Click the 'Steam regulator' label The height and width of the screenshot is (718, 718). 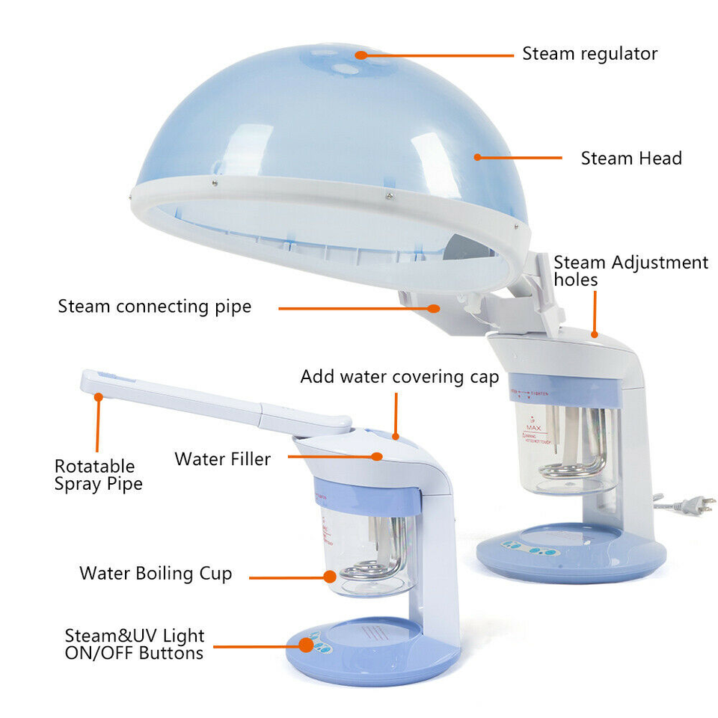(589, 54)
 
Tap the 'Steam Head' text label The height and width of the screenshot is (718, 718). (631, 159)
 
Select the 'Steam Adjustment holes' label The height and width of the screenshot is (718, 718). (630, 271)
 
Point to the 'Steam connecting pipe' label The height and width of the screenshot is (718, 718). (155, 307)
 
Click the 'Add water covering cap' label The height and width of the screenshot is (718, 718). (399, 377)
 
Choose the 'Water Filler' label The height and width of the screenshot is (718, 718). (222, 458)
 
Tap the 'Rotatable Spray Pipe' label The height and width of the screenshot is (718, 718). (98, 475)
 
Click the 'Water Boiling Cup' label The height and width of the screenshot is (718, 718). (156, 574)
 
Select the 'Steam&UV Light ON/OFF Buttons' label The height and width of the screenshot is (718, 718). (134, 644)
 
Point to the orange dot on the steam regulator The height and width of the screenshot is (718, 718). (362, 54)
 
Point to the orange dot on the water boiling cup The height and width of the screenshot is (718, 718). (329, 576)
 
